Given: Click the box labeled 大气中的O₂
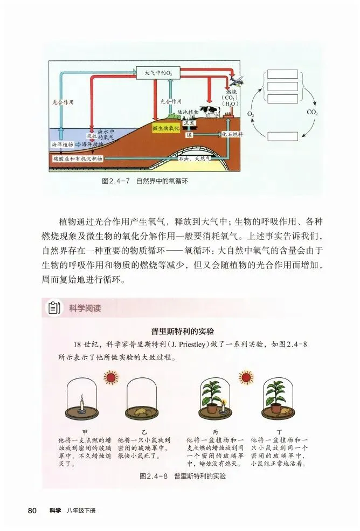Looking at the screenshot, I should coord(154,72).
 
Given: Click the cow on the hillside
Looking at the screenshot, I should coord(209,111).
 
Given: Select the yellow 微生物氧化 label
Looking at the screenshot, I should coord(167,127).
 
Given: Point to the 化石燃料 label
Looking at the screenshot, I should coord(232,133).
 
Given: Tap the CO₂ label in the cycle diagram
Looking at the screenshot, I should coord(313,113).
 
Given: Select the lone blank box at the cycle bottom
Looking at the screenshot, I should coord(282,136).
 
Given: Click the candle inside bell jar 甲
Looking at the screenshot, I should coord(81,403).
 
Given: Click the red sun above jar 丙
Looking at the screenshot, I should coord(246,376).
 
